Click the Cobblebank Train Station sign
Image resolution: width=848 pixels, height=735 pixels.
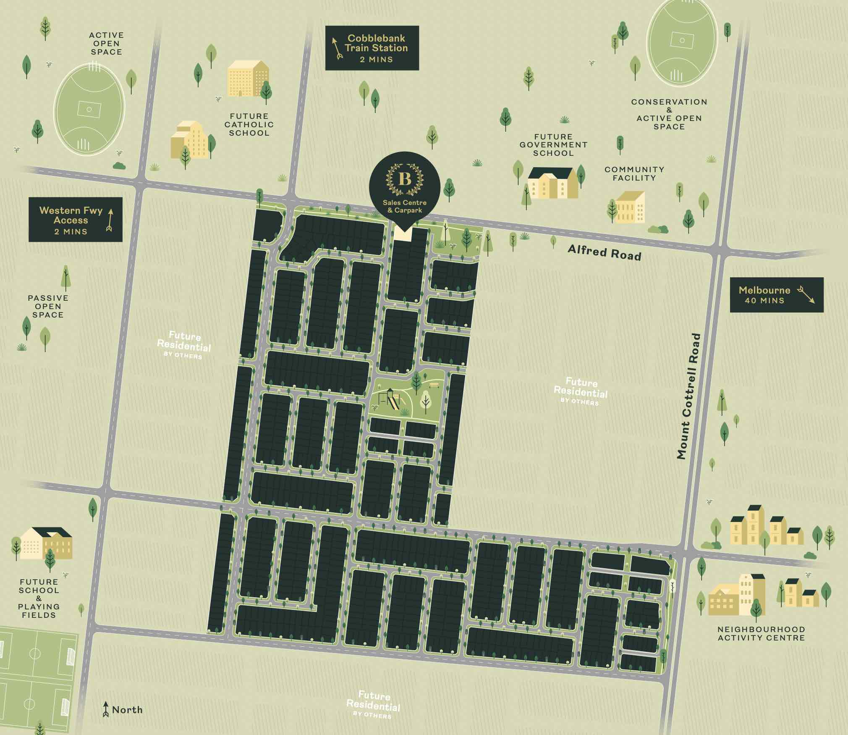(x=372, y=48)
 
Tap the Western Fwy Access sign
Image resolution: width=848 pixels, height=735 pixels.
(x=75, y=219)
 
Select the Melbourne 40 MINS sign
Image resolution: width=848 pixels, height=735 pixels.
(x=776, y=294)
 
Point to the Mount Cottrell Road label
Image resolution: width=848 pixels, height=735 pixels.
(x=688, y=396)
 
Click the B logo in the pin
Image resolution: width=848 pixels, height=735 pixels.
(x=405, y=180)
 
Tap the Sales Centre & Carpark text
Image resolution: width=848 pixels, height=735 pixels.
(x=405, y=206)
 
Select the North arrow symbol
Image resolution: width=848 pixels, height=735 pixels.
(x=106, y=709)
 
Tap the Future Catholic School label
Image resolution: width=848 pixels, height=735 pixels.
(x=249, y=124)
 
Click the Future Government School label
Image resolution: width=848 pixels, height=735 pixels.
(x=553, y=145)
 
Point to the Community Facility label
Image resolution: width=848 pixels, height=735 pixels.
(x=634, y=173)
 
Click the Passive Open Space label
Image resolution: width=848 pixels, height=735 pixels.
(x=48, y=306)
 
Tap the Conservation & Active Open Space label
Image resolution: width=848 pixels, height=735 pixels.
(x=669, y=114)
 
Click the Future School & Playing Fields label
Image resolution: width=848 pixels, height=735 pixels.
(x=39, y=598)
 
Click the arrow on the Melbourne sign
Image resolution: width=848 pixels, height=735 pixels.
(x=805, y=295)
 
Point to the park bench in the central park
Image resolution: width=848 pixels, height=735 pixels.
(x=434, y=384)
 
